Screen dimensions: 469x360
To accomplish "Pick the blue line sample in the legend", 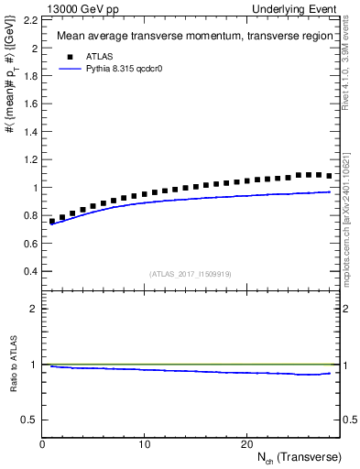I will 71,68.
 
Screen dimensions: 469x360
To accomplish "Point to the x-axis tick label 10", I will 144,443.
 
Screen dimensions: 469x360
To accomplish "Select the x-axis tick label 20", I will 245,443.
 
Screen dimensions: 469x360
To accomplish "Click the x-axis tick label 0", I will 43,443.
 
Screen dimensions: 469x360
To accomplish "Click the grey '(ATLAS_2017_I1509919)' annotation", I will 190,274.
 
